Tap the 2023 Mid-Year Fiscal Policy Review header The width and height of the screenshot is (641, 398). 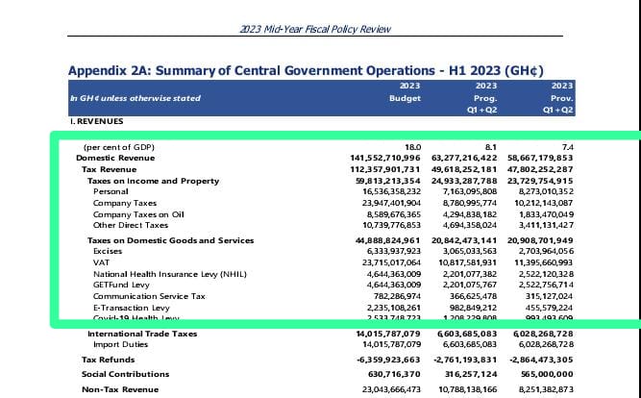coord(320,28)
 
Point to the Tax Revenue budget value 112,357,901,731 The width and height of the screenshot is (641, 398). coord(378,168)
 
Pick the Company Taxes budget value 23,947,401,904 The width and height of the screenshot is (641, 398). coord(382,203)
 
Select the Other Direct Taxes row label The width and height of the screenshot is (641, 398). coord(131,225)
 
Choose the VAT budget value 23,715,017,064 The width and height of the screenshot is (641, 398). coord(382,261)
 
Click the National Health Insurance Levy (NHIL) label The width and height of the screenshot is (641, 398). coord(166,273)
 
